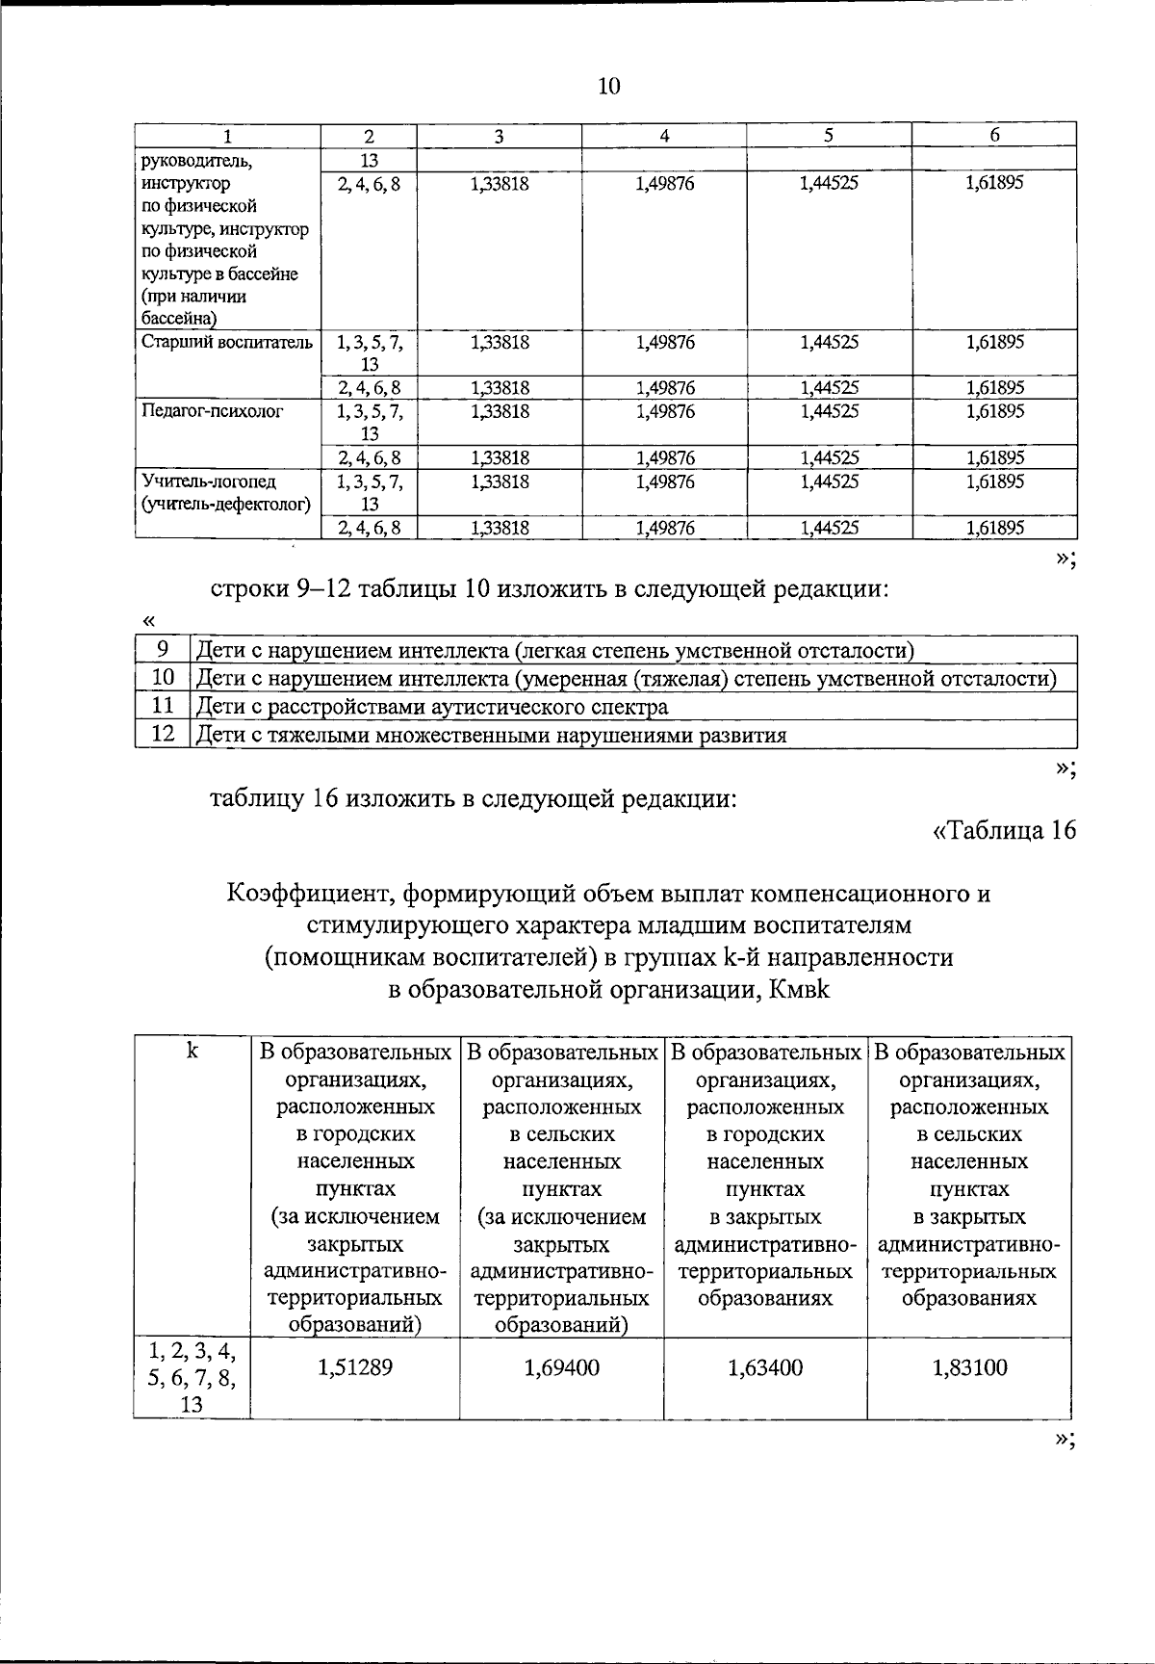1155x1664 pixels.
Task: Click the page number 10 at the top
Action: point(609,87)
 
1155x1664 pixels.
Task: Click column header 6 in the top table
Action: point(994,136)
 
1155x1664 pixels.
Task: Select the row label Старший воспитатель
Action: point(226,342)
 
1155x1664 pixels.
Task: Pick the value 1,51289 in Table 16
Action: point(355,1367)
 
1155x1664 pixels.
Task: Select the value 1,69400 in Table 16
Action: point(562,1367)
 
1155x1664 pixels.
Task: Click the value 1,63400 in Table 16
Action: point(765,1367)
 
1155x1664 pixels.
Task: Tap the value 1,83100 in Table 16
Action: point(970,1367)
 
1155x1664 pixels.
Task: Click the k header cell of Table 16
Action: point(192,1052)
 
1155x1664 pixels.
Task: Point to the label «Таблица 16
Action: point(1002,830)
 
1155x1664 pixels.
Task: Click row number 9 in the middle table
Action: point(163,649)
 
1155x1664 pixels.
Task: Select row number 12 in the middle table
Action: point(163,735)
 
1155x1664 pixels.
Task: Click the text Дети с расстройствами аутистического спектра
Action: point(432,707)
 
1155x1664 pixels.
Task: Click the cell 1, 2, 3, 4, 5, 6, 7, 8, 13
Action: point(192,1377)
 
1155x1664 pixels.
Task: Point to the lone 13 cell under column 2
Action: point(370,159)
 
